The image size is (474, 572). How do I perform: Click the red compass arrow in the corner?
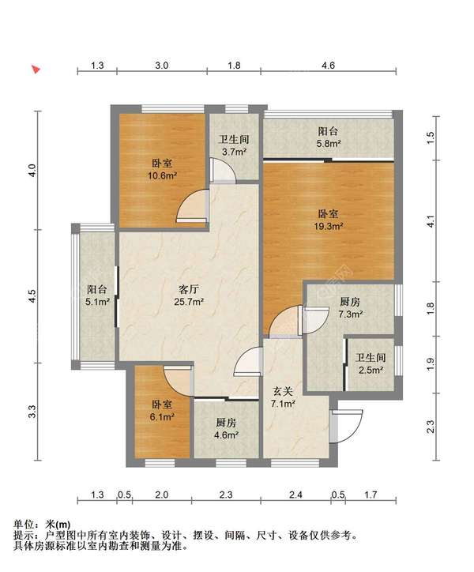coord(36,70)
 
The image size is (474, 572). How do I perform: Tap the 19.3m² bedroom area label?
coord(328,220)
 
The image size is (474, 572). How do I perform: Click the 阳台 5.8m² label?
coord(329,138)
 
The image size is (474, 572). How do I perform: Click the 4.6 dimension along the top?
coord(329,66)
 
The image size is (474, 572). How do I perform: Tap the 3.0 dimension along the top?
coord(160,66)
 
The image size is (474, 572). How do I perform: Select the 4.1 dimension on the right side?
coord(431,224)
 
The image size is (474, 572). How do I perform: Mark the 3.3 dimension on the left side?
coord(32,412)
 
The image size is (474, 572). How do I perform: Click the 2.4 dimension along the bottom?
coord(295,495)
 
